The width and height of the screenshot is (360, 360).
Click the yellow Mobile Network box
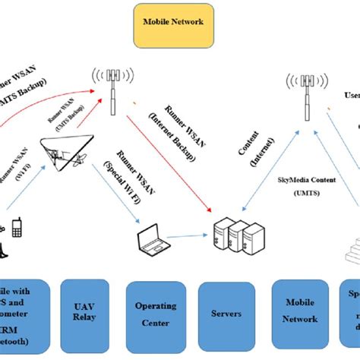(x=172, y=22)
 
